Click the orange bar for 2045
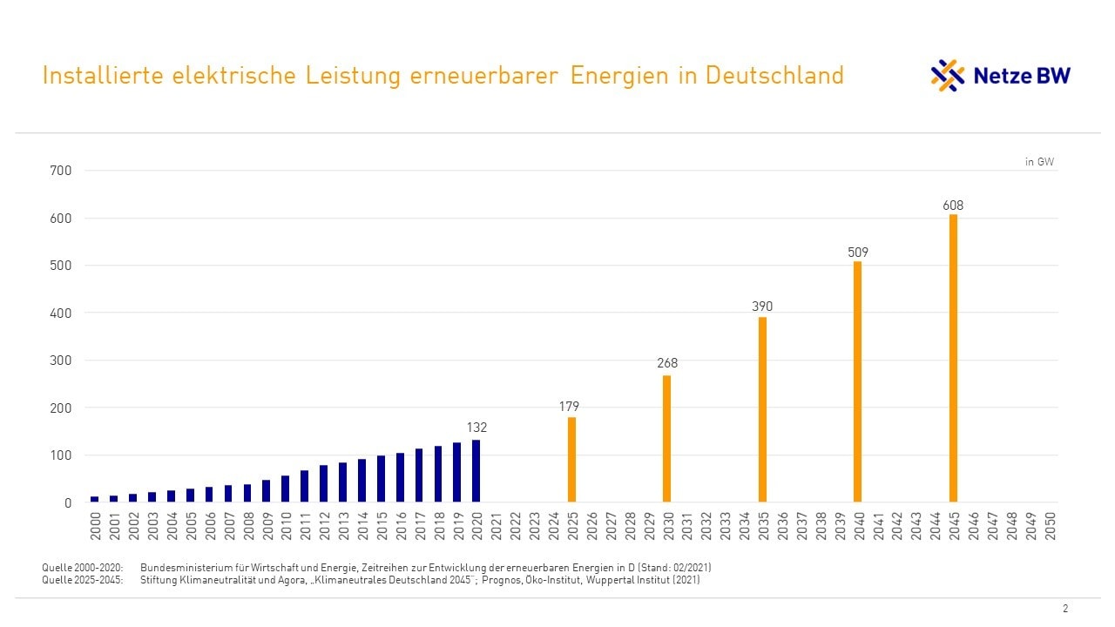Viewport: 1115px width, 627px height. [x=953, y=358]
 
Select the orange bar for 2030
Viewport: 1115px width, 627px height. [x=666, y=439]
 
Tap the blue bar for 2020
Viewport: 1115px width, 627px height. [x=476, y=471]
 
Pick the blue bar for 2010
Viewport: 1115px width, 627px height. [x=285, y=489]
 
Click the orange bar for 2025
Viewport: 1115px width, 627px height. [x=571, y=460]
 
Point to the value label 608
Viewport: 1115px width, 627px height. [x=953, y=206]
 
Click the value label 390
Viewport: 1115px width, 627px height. [x=762, y=307]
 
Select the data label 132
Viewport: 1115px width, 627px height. [x=476, y=428]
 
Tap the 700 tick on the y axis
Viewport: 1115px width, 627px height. [x=61, y=171]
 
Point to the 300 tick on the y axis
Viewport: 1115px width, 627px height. [x=61, y=361]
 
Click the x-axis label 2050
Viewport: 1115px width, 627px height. [x=1051, y=525]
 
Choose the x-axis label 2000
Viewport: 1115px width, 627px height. [x=95, y=525]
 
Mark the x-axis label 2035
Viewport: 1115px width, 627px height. [x=763, y=525]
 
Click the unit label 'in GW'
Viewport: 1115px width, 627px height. [x=1039, y=162]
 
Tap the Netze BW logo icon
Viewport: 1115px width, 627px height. [x=948, y=76]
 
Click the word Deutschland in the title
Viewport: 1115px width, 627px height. [x=774, y=75]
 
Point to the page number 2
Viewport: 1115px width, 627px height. [x=1065, y=609]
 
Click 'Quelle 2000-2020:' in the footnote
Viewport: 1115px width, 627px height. [x=83, y=568]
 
